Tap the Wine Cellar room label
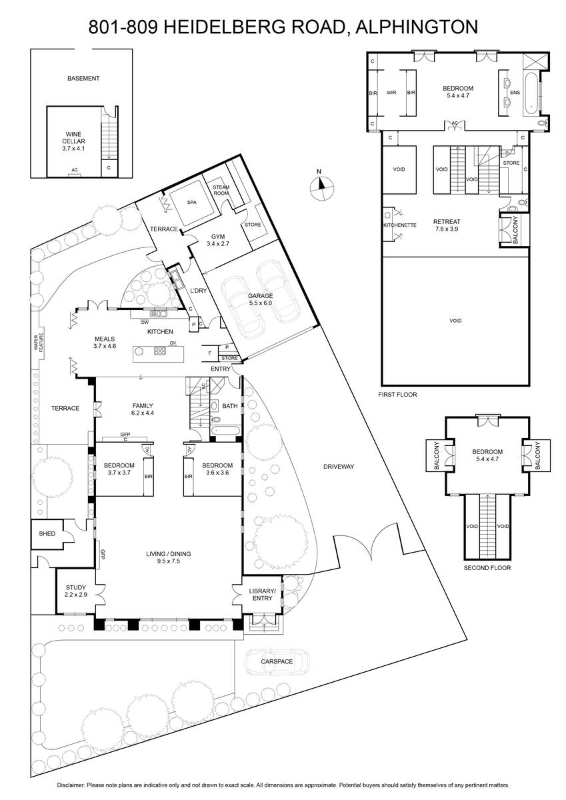tap(73, 141)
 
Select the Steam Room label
tap(221, 190)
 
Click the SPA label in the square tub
tap(192, 203)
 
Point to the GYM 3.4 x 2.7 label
tap(218, 240)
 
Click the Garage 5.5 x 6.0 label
tap(261, 299)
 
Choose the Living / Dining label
tap(168, 557)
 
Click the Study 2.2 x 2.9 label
tap(76, 591)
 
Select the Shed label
tap(47, 533)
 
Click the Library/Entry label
tap(262, 594)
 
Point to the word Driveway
tap(339, 467)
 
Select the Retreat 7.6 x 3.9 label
tap(447, 225)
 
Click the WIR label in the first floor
tap(391, 93)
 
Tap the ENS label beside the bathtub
tap(515, 93)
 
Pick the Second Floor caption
tap(487, 567)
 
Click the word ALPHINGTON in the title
tap(417, 27)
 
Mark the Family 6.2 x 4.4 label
tap(143, 409)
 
